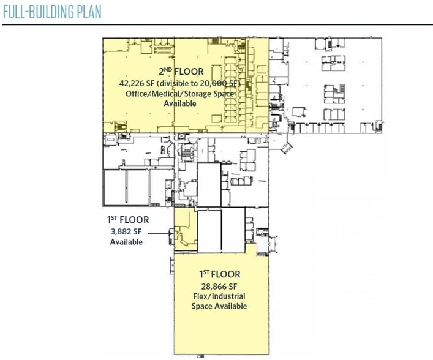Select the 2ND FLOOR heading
(181, 72)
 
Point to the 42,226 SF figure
(138, 83)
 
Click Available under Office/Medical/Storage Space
(180, 103)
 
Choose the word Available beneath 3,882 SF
(126, 242)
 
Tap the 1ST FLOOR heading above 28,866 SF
(219, 275)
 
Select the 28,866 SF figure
(219, 286)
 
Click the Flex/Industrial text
(219, 296)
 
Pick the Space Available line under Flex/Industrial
(219, 306)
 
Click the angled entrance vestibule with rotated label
(285, 147)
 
